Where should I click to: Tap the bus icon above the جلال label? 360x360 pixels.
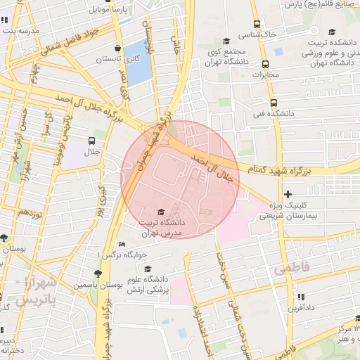click(92, 141)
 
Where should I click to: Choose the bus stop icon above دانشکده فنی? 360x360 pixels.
click(274, 102)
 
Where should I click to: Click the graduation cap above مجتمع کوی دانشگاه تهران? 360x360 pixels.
click(226, 41)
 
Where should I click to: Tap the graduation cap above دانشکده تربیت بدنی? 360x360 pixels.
click(333, 31)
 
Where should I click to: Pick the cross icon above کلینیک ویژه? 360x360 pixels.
click(287, 193)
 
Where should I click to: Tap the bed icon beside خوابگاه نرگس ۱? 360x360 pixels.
click(122, 245)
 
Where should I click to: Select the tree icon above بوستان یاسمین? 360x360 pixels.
click(98, 274)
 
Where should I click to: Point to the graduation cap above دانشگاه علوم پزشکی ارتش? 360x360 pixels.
click(148, 269)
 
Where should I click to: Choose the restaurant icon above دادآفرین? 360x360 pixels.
click(301, 297)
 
